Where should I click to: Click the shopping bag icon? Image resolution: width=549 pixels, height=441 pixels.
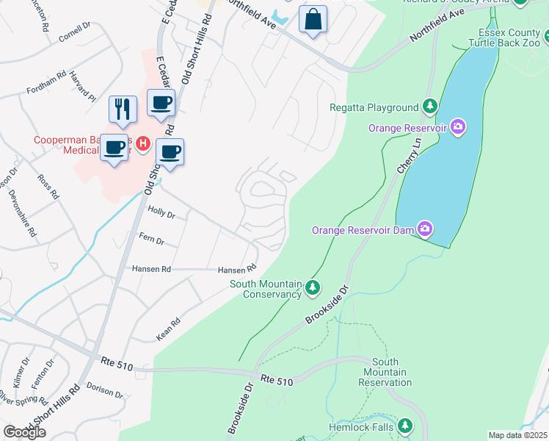pos(313,20)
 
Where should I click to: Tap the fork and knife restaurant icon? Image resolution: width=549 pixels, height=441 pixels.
pos(123,109)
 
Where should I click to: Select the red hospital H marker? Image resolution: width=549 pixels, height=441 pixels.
pos(144,142)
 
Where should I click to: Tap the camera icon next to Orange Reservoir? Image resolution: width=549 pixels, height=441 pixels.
pos(458,128)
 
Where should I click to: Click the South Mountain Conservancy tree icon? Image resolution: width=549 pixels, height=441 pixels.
pos(313,287)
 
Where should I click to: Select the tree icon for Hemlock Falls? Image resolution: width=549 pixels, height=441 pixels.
pos(405,426)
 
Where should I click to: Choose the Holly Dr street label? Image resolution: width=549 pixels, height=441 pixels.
pos(161,214)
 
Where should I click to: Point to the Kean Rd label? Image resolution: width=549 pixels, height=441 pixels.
pos(168,329)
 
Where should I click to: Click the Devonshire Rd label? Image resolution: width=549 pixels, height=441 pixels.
pos(22,212)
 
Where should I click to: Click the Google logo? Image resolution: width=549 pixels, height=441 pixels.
pos(24,432)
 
